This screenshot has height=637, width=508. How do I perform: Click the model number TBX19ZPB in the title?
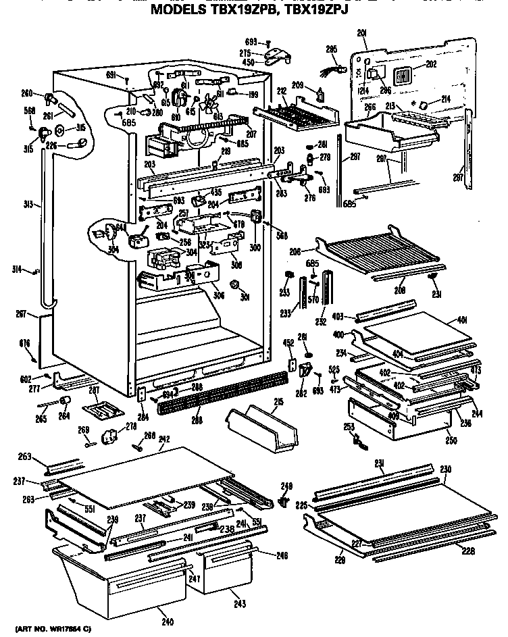(x=239, y=10)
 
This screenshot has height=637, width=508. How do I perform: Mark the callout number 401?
(x=462, y=320)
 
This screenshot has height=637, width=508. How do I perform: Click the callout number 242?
(x=163, y=438)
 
